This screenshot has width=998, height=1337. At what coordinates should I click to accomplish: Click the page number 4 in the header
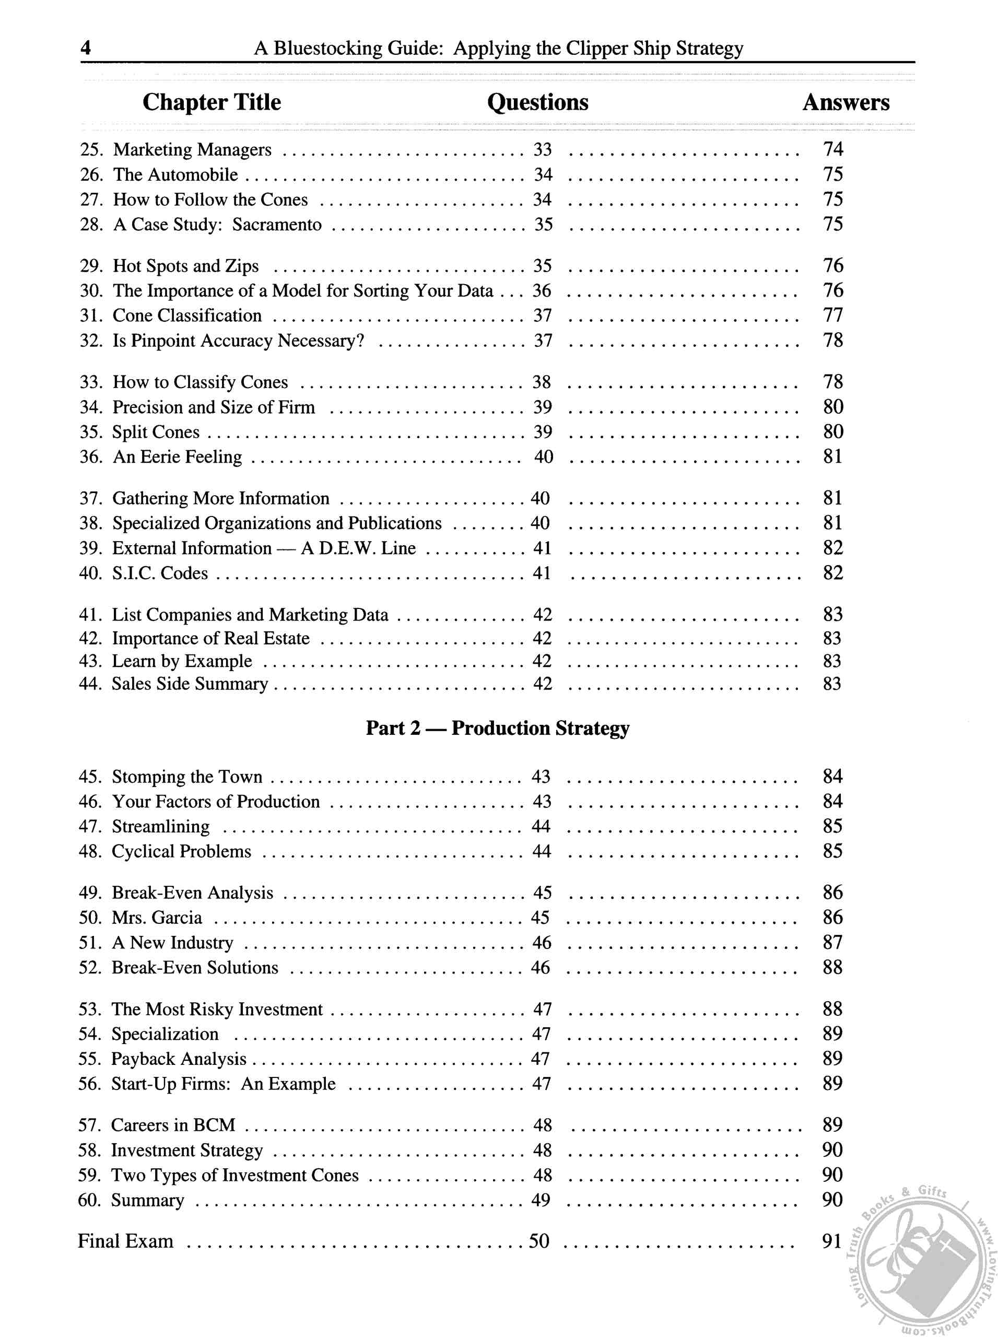pos(86,47)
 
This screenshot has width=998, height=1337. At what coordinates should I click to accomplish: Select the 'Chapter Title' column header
pos(212,102)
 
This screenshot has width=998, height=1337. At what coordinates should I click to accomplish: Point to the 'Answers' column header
pos(845,102)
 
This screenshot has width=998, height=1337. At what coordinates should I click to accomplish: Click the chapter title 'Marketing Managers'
pos(192,149)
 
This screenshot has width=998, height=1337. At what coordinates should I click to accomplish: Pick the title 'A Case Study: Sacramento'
pos(217,224)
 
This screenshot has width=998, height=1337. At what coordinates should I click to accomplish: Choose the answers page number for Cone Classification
pos(832,315)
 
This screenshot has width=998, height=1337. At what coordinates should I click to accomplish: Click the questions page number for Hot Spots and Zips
pos(543,266)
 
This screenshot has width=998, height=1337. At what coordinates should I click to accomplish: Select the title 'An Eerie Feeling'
pos(177,457)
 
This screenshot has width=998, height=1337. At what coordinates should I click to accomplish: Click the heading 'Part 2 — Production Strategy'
pos(497,728)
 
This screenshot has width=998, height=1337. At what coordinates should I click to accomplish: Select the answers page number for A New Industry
pos(832,943)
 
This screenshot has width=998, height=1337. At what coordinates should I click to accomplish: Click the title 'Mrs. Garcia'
pos(157,918)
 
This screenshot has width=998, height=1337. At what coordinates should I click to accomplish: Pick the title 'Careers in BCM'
pos(173,1125)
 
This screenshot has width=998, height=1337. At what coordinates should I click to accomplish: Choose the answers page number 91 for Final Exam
pos(831,1241)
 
